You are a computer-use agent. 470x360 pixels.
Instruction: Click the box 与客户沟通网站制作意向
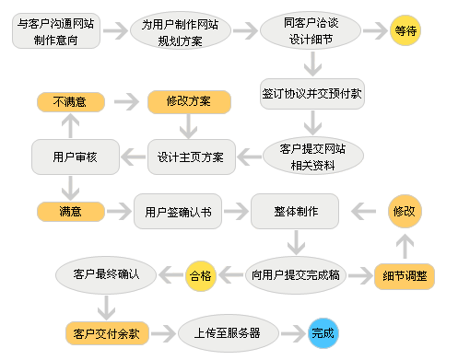click(x=56, y=31)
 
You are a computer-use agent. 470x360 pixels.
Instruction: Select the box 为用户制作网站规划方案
click(x=180, y=31)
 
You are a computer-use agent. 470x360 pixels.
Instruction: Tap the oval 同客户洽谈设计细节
click(x=311, y=31)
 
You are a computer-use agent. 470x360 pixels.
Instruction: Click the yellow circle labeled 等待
click(x=405, y=31)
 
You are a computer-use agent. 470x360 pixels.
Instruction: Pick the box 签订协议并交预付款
click(x=311, y=93)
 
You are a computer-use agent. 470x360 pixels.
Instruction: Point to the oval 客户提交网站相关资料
click(x=311, y=157)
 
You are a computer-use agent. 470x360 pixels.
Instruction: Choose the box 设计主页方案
click(x=192, y=157)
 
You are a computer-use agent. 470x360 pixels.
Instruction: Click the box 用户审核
click(x=70, y=157)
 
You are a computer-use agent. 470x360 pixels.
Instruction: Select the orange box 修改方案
click(x=187, y=102)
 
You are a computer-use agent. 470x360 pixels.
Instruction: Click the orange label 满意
click(x=70, y=212)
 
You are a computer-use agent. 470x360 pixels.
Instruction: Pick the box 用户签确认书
click(x=178, y=212)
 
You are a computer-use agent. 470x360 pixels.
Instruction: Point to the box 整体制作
click(x=296, y=212)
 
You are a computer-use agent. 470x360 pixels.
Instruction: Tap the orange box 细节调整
click(x=405, y=275)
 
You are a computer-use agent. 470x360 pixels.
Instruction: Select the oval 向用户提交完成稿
click(x=297, y=273)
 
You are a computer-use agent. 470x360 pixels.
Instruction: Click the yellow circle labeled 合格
click(x=200, y=274)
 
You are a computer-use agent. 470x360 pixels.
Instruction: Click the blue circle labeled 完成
click(x=323, y=332)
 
